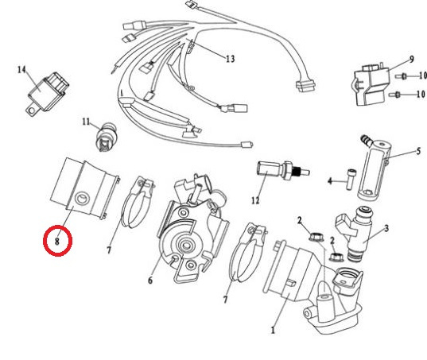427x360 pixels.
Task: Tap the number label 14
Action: click(21, 70)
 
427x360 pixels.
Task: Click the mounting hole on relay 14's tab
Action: click(33, 110)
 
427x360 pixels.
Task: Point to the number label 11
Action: click(86, 122)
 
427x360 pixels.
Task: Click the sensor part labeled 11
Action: click(107, 137)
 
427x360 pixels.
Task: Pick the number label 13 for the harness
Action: click(231, 59)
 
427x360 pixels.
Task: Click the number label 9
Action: click(411, 59)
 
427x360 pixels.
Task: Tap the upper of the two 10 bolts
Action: click(402, 76)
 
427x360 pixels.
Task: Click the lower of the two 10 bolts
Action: click(395, 95)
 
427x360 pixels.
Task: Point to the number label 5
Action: click(418, 151)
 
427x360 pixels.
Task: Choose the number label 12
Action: click(255, 200)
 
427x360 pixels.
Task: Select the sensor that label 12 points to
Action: click(282, 171)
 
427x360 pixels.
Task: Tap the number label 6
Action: click(150, 280)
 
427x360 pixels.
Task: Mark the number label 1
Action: click(273, 330)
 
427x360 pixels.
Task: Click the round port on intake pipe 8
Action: click(82, 199)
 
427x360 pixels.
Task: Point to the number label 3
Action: click(386, 228)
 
